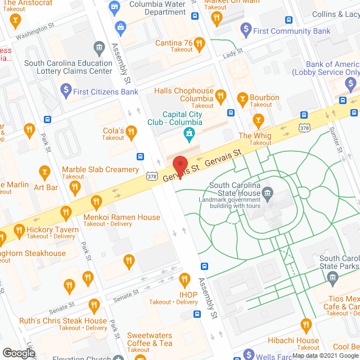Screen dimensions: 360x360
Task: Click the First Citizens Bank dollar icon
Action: coord(65,89)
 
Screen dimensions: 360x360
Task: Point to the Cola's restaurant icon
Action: coord(131,132)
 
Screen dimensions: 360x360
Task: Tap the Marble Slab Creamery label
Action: coord(100,170)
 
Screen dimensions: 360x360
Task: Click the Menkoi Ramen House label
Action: coord(121,218)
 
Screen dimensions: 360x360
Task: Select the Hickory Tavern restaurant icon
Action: coord(19,230)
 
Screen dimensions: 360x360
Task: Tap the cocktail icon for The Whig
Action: coord(258,120)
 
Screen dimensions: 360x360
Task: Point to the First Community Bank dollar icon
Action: coord(245,28)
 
